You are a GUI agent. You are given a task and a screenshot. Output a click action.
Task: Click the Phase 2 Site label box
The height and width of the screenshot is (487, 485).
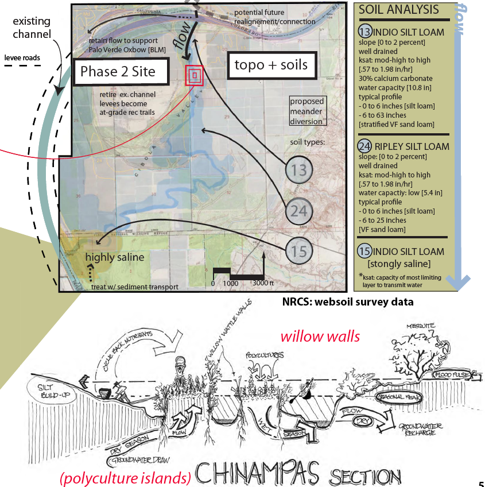click(x=118, y=72)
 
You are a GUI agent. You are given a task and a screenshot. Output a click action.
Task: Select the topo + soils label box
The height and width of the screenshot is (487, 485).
click(x=270, y=65)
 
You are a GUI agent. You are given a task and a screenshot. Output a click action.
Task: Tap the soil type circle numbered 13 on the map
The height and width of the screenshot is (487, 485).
click(x=299, y=169)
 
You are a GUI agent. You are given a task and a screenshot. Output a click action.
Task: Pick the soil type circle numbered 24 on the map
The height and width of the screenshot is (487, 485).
click(x=299, y=211)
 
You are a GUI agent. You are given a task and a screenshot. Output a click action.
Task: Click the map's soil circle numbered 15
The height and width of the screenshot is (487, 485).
click(x=299, y=251)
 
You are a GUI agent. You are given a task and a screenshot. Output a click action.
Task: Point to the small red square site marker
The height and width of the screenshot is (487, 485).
click(x=195, y=75)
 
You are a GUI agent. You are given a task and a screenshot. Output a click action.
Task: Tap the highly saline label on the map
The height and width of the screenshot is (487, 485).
click(x=115, y=257)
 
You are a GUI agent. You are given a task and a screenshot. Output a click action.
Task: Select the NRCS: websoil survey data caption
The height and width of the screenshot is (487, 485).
click(x=348, y=301)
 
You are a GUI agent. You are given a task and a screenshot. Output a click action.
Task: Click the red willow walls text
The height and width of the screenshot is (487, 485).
click(x=320, y=336)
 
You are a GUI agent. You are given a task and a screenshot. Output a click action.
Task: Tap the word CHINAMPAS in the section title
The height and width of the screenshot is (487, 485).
click(x=258, y=474)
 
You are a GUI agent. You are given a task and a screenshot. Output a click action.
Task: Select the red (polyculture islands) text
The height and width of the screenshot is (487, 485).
click(x=125, y=477)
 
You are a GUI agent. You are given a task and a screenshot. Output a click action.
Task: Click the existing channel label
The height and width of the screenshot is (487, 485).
click(x=32, y=28)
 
